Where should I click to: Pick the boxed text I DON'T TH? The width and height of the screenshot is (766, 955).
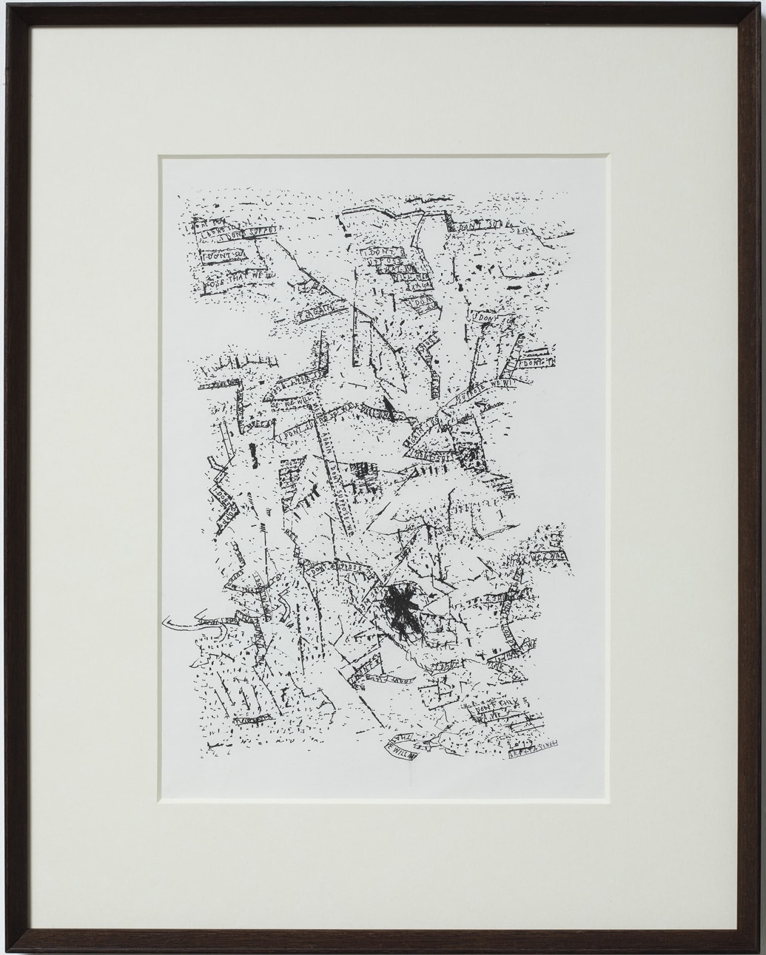[534, 362]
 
